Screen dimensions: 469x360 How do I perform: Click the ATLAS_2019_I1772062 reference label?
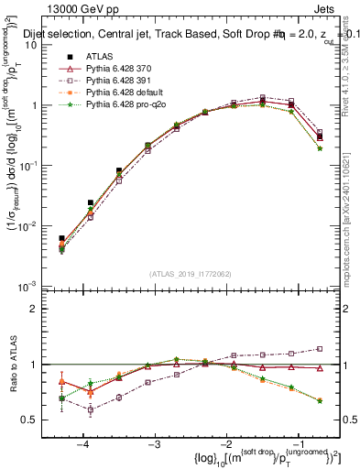tap(189, 274)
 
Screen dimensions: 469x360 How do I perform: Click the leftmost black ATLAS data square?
tap(61, 238)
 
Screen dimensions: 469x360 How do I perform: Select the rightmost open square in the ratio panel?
tap(320, 348)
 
